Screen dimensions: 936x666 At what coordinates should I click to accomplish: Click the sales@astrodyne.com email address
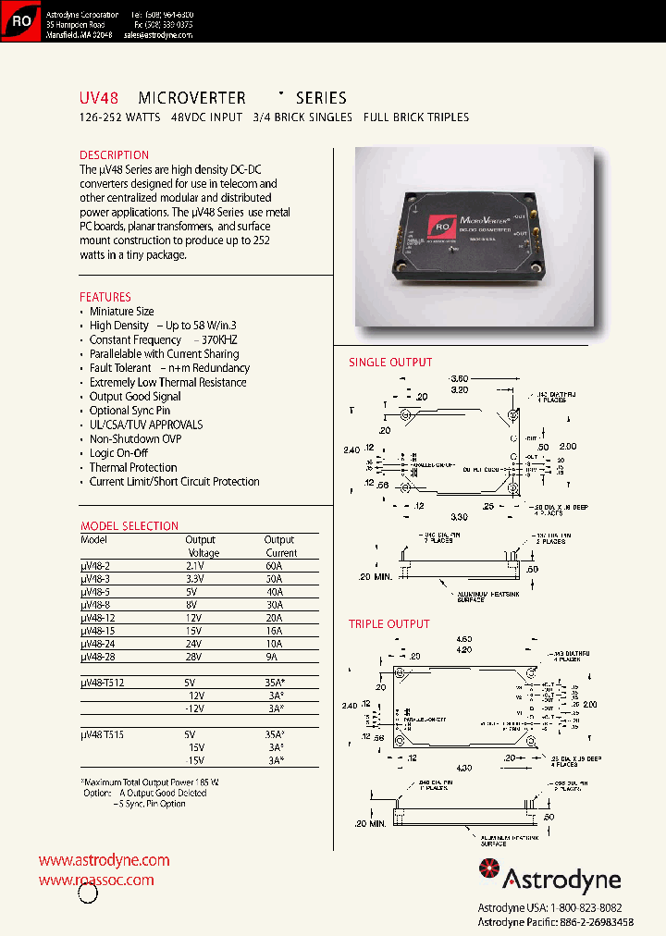click(156, 34)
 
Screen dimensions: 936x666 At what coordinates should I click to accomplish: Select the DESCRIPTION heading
click(114, 155)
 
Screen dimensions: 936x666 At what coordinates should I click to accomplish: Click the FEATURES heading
click(105, 297)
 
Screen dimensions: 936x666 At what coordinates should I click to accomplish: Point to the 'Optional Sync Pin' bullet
click(129, 411)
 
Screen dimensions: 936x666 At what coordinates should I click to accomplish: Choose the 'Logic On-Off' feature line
click(118, 453)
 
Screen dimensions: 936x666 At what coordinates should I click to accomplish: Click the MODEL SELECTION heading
click(129, 526)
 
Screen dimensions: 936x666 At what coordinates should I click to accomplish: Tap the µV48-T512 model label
click(103, 682)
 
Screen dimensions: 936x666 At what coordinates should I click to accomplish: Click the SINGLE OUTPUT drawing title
click(390, 363)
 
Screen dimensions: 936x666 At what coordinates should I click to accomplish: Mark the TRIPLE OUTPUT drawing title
click(389, 624)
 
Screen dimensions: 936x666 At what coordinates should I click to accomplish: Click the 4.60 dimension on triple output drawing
click(463, 639)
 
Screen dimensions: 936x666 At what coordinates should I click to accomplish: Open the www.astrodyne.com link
click(104, 860)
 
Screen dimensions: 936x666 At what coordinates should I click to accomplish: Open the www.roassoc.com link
click(96, 881)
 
